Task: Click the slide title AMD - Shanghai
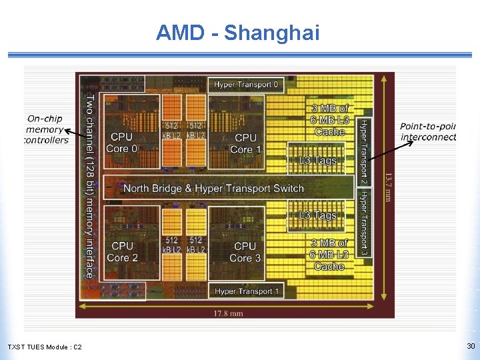click(x=237, y=32)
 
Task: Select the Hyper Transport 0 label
click(x=246, y=85)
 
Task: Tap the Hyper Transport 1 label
click(x=247, y=291)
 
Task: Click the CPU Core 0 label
click(x=121, y=143)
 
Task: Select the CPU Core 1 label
click(x=245, y=143)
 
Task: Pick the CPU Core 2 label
click(x=122, y=252)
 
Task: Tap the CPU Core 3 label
click(x=245, y=252)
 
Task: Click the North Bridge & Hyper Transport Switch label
click(x=213, y=189)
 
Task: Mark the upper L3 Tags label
click(x=317, y=160)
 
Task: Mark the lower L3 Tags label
click(x=317, y=215)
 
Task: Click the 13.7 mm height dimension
click(x=387, y=187)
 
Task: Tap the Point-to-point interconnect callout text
click(x=428, y=131)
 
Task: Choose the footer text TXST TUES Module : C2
click(x=45, y=347)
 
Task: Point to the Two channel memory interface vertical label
click(x=89, y=186)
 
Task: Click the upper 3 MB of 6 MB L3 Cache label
click(x=329, y=120)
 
